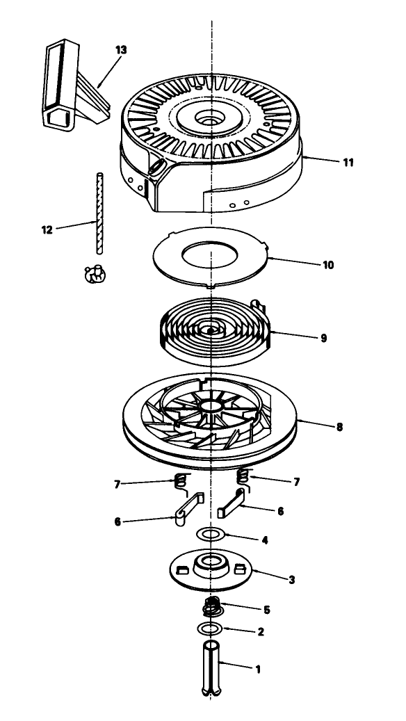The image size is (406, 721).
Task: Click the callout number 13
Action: pos(121,49)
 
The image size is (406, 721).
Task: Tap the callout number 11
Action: pos(348,162)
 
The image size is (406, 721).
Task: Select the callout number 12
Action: pos(47,230)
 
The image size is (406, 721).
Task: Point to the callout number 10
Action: pos(328,266)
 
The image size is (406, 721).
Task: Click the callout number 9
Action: pos(324,338)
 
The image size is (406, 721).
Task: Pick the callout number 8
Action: pos(339,427)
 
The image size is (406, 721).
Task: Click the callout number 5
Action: pos(267,610)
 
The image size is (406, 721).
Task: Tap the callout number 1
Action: pos(258,669)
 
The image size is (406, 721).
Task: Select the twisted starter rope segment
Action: pos(99,213)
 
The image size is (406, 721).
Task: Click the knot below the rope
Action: pos(96,275)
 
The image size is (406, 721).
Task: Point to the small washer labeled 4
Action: pos(211,535)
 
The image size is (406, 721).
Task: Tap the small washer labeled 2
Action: pos(210,629)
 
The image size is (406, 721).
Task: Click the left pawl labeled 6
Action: pos(188,509)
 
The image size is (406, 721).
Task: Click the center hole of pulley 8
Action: pos(211,407)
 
